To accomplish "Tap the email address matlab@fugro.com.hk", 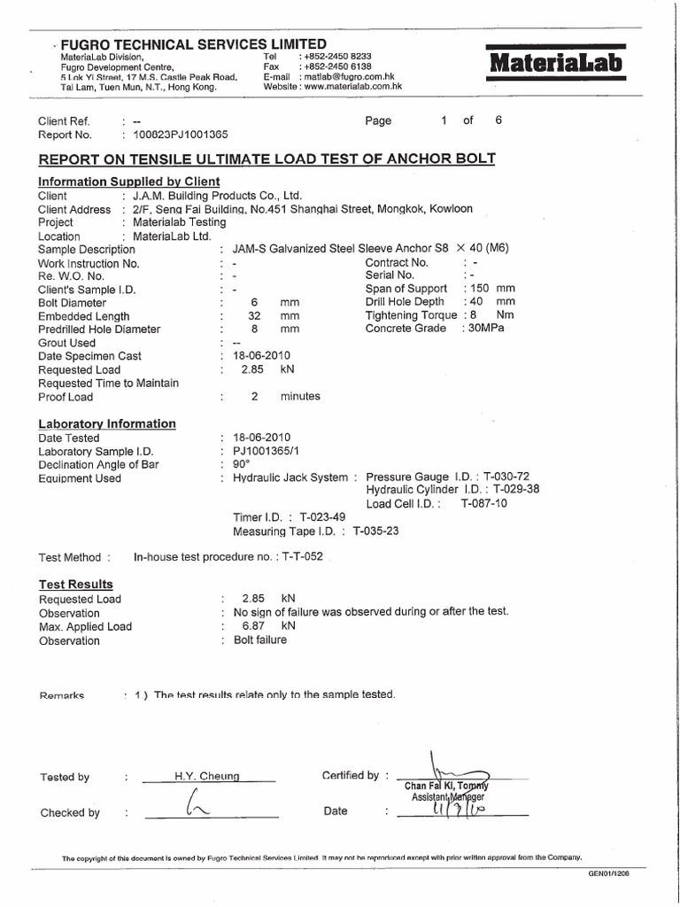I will [344, 76].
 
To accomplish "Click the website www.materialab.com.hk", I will [352, 87].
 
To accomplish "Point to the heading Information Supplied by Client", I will [128, 181].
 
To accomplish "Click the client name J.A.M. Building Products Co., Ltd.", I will [217, 195].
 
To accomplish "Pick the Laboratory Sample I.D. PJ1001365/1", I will [263, 451].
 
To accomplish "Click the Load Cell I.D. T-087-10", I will [483, 503].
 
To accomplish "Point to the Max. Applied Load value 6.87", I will [254, 626].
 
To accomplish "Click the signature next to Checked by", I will [192, 806].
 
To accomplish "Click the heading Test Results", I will [75, 584].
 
